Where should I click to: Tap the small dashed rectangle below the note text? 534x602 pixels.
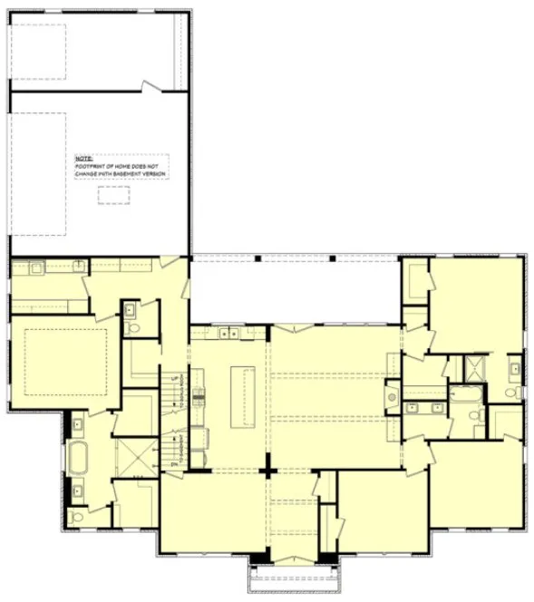click(x=113, y=195)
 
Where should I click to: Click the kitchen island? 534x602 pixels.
click(x=240, y=395)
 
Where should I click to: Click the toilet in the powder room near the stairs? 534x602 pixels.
click(x=130, y=325)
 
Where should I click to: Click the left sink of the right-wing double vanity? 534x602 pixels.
click(x=415, y=407)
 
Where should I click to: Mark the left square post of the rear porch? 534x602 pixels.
click(x=258, y=259)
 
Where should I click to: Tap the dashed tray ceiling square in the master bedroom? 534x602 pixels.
click(x=66, y=362)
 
